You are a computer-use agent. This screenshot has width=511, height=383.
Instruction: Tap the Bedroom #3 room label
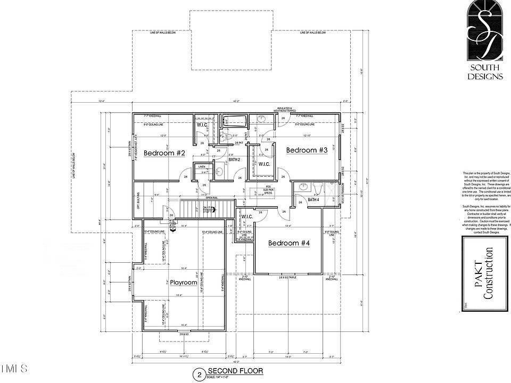click(x=307, y=150)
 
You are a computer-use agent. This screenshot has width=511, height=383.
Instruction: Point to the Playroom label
click(x=184, y=282)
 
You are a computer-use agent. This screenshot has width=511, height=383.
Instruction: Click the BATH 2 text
click(x=234, y=160)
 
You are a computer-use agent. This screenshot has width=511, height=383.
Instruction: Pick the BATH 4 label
click(x=314, y=199)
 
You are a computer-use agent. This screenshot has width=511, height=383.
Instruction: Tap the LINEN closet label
click(x=202, y=167)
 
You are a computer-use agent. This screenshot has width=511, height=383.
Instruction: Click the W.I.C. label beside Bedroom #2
click(x=202, y=126)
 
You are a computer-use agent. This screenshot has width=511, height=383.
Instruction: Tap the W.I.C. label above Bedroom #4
click(x=246, y=217)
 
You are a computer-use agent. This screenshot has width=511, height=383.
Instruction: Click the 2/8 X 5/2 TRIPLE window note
click(x=289, y=278)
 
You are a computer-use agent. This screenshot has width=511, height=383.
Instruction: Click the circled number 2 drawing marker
click(x=199, y=374)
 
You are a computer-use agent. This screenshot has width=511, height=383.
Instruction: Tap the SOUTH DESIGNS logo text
click(x=485, y=72)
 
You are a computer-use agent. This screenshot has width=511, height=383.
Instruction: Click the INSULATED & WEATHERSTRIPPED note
click(x=287, y=110)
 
